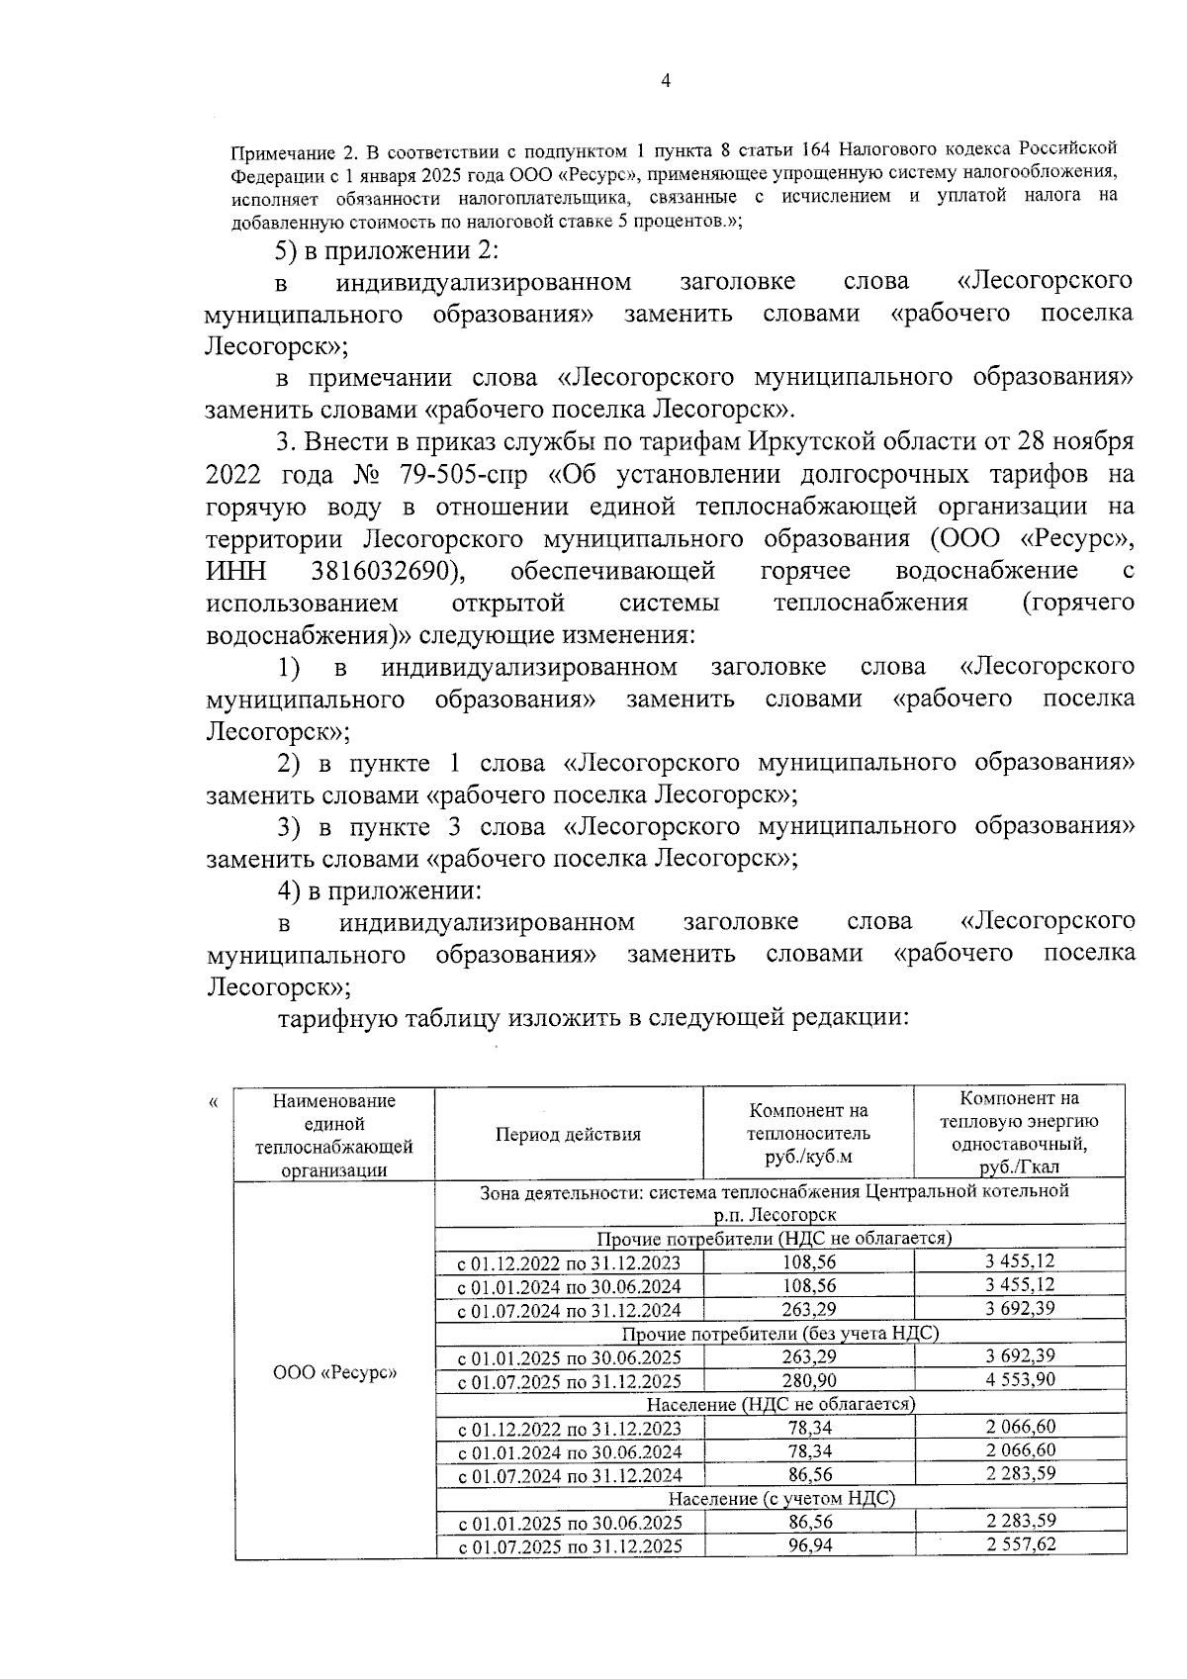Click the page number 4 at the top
tap(665, 82)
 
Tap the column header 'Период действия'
tap(568, 1134)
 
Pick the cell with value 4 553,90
tap(1020, 1379)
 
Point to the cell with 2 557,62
tap(1020, 1544)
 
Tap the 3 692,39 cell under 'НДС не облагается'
tap(1020, 1308)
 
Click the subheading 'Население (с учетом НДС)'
tap(780, 1498)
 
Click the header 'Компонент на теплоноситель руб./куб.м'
tap(808, 1133)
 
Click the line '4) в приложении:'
tap(379, 889)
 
